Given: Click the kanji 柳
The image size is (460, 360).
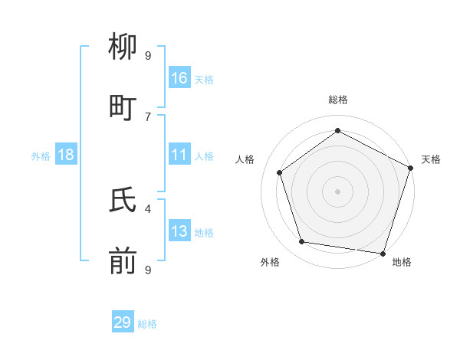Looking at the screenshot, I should click(123, 48).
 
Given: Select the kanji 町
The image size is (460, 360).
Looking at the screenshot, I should click(123, 108).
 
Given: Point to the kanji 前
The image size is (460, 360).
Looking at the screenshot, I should click(123, 261).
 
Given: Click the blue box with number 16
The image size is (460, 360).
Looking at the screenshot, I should click(179, 78).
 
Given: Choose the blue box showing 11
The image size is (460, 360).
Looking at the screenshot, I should click(179, 155).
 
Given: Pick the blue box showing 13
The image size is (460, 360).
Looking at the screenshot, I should click(179, 231).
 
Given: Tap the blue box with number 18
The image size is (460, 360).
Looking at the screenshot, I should click(66, 155).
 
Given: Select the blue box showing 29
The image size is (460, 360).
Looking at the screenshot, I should click(123, 322).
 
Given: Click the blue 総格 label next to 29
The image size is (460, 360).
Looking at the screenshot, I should click(147, 324).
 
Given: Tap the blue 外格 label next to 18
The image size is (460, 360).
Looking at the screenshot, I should click(41, 156).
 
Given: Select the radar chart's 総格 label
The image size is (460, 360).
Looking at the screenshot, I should click(337, 100).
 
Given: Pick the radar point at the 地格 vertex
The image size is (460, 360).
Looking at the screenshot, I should click(383, 253).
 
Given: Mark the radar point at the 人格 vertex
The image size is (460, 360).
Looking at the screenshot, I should click(280, 172).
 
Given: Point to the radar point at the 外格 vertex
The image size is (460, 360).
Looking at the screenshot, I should click(302, 242).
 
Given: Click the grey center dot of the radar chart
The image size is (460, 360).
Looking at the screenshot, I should click(337, 191).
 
